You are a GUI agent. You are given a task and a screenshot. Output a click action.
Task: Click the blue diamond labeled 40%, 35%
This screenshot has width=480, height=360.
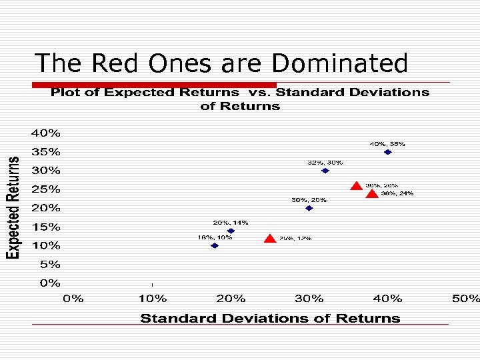[387, 152]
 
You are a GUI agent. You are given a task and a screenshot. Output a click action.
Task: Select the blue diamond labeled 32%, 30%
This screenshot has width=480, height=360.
[325, 171]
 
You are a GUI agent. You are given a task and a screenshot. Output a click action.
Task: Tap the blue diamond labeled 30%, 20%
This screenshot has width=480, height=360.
[309, 208]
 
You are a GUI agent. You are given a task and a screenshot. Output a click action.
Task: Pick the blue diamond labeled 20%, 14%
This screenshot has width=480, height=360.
[231, 231]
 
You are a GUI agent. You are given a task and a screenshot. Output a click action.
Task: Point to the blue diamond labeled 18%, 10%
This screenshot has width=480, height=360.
[215, 245]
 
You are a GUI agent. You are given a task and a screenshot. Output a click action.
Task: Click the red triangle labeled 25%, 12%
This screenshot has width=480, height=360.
[270, 238]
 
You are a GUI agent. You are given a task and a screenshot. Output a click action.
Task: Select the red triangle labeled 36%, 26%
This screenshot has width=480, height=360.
[357, 186]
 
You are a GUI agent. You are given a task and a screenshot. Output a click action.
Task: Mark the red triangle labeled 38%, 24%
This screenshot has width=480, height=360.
[372, 193]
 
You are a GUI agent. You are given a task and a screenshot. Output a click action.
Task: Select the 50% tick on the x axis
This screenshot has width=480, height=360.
[465, 299]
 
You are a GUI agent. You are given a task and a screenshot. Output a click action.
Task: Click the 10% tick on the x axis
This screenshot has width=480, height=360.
[152, 299]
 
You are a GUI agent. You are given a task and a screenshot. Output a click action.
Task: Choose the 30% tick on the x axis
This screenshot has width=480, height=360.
[309, 299]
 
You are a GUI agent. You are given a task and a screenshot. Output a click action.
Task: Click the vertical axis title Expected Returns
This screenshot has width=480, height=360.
[13, 208]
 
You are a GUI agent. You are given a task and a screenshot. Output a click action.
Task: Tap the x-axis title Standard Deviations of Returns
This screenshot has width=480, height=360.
[270, 319]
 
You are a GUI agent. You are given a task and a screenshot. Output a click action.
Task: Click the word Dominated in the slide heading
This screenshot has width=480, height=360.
[339, 63]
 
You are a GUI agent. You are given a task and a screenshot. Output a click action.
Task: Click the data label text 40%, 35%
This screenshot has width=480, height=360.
[387, 143]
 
